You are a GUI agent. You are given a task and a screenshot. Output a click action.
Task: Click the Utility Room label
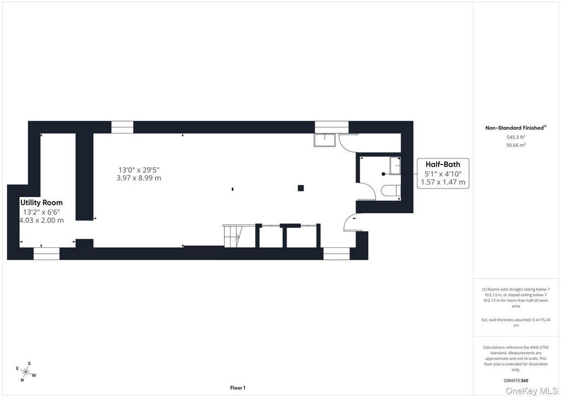[x=41, y=203]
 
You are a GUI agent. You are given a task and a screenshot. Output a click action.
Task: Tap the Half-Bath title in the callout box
[x=443, y=165]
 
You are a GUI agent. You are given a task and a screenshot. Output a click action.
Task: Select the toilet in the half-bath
[x=391, y=191]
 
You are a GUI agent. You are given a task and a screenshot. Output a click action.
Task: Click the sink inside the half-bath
[x=395, y=166]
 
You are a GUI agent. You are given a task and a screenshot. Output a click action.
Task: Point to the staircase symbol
[x=233, y=236]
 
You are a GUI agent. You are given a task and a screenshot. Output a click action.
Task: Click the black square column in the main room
[x=301, y=188]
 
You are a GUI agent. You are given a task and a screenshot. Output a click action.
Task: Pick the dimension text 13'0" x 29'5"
[x=139, y=170]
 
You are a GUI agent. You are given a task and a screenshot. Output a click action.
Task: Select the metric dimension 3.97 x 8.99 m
[x=139, y=178]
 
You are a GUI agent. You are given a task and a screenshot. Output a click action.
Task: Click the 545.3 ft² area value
[x=516, y=137]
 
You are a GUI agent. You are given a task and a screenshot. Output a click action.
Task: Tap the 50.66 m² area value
[x=516, y=145]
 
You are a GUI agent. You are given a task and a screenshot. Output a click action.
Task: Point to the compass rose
[x=26, y=372]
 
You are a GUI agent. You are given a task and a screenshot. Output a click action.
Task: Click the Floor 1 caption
[x=238, y=388]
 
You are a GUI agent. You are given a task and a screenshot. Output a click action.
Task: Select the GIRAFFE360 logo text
[x=516, y=381]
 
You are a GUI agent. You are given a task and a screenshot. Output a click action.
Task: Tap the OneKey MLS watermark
[x=531, y=390]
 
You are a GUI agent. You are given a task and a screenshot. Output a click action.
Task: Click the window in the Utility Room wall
[x=47, y=253]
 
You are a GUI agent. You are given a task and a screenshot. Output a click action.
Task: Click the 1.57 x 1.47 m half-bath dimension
[x=443, y=182]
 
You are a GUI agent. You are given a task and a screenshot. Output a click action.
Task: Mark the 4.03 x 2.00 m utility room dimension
[x=42, y=220]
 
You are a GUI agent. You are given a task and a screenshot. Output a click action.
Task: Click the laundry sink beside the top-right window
[x=325, y=140]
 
